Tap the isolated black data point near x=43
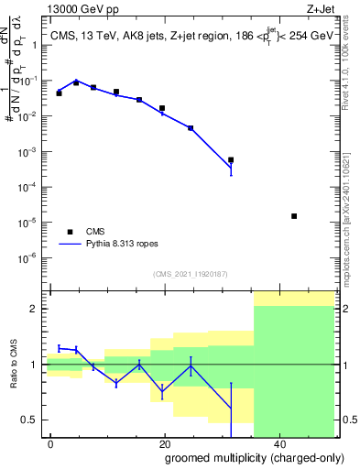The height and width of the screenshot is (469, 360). coord(294,216)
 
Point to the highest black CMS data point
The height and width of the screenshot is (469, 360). coord(76,82)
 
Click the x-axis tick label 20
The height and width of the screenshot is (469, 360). coord(164,444)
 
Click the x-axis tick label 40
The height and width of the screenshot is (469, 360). coord(278,444)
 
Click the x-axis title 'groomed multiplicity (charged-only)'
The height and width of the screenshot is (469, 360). coord(242,457)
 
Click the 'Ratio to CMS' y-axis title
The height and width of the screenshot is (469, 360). coord(14,364)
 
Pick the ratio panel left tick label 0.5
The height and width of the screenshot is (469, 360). coord(31,420)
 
